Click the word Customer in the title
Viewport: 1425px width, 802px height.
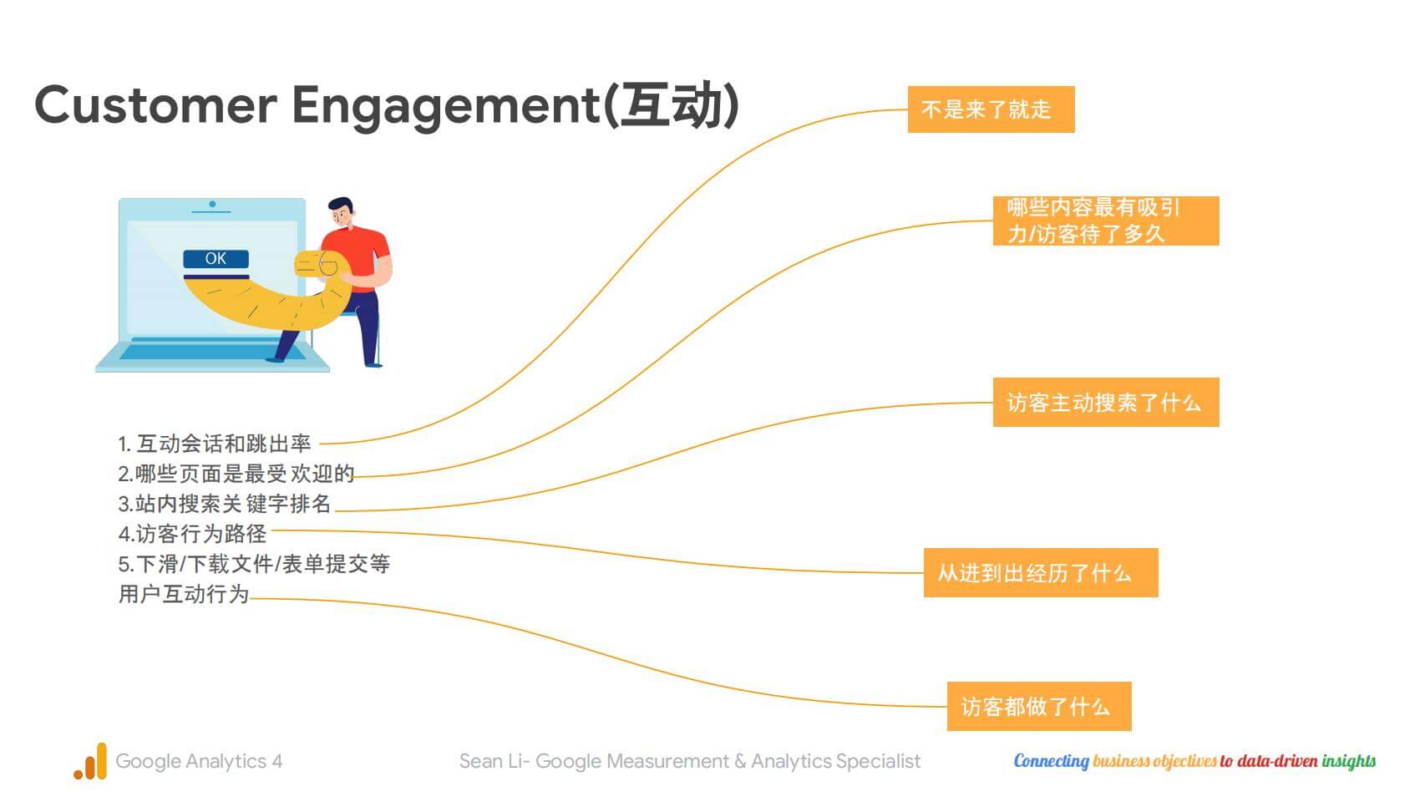pos(156,105)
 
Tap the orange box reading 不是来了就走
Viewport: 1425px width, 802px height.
pos(991,109)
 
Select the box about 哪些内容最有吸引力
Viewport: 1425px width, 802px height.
pos(1106,221)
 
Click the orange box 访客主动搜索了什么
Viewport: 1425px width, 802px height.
pos(1106,403)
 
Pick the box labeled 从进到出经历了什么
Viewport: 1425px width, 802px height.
pos(1041,573)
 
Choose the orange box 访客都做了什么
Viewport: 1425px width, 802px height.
pos(1039,707)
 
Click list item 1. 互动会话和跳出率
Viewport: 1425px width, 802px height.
pos(215,443)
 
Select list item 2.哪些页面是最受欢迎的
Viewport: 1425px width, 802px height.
pos(236,474)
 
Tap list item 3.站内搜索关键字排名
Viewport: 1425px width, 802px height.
pos(225,504)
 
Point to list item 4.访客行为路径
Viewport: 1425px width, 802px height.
pos(192,533)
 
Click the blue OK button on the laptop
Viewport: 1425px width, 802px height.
pos(216,258)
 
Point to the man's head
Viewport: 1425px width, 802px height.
pos(342,212)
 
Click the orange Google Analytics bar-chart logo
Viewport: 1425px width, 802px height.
pos(90,761)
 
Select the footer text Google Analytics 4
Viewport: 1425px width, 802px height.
pos(199,761)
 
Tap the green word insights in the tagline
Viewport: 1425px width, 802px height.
pos(1349,761)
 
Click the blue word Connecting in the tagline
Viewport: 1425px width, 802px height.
pos(1051,761)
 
